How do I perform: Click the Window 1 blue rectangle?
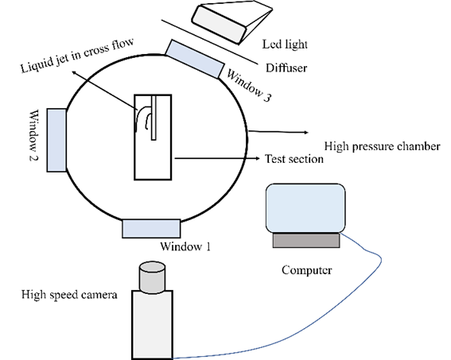point(151,228)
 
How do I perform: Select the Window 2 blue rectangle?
point(56,140)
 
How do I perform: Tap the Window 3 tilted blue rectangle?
point(195,59)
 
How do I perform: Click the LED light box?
point(231,21)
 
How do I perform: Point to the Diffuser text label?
point(286,68)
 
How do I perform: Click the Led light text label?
point(285,45)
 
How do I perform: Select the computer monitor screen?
point(305,208)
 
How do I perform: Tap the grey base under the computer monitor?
point(306,240)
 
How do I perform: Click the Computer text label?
point(306,270)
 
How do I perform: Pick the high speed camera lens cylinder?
point(152,277)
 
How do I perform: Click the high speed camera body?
point(152,325)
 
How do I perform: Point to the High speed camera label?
point(69,295)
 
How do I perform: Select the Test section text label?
point(294,159)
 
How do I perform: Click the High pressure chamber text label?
point(383,146)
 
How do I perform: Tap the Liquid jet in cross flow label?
point(77,55)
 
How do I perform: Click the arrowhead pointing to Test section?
point(258,158)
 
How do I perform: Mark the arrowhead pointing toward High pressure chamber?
point(306,132)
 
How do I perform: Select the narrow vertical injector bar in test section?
point(154,118)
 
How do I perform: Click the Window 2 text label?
point(34,135)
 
